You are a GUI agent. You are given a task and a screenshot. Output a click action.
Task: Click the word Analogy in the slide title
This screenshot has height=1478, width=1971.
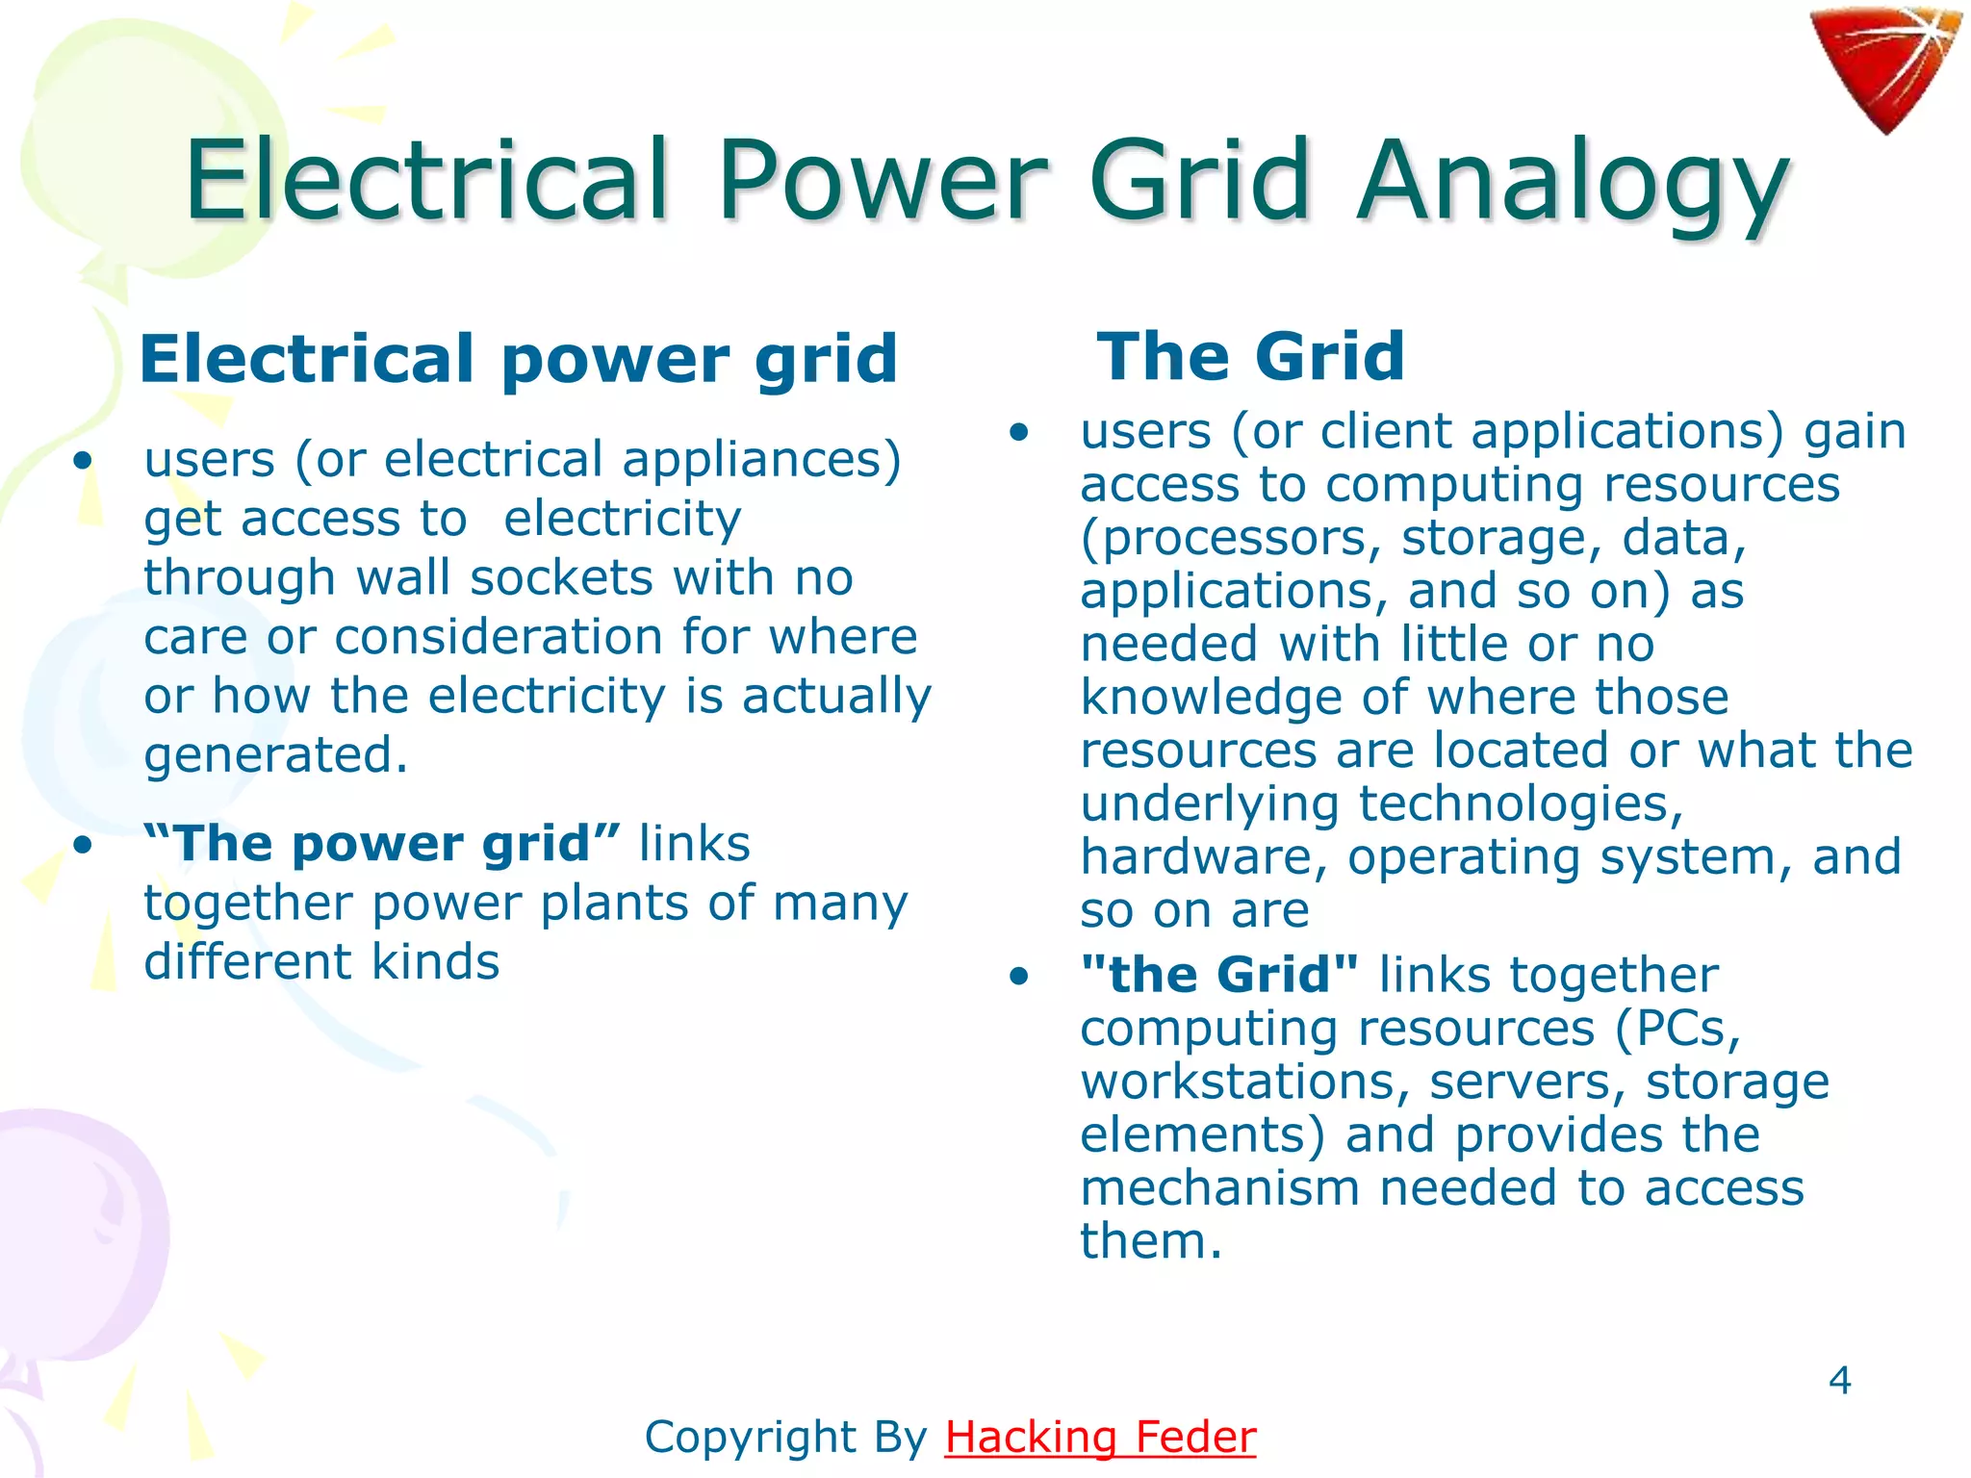click(x=1573, y=182)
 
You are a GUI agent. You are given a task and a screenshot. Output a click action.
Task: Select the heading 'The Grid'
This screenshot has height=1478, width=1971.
click(x=1250, y=356)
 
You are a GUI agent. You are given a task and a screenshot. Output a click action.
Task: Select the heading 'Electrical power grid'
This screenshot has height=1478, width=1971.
click(x=519, y=359)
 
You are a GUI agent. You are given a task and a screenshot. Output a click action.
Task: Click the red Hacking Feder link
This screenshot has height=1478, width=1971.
click(x=1100, y=1437)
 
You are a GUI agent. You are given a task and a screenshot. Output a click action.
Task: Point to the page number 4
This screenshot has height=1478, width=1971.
click(x=1839, y=1381)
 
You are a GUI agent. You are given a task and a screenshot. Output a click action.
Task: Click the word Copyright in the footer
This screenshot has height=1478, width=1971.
click(x=751, y=1438)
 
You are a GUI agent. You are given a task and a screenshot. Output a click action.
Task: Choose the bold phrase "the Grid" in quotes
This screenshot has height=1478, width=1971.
click(x=1219, y=975)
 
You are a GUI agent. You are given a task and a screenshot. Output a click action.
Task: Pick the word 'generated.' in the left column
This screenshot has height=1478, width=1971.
click(x=276, y=754)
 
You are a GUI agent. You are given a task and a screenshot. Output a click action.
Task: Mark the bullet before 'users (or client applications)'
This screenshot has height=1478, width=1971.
click(x=1019, y=432)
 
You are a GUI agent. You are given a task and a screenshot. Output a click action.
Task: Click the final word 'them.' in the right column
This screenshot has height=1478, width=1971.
click(x=1151, y=1241)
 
